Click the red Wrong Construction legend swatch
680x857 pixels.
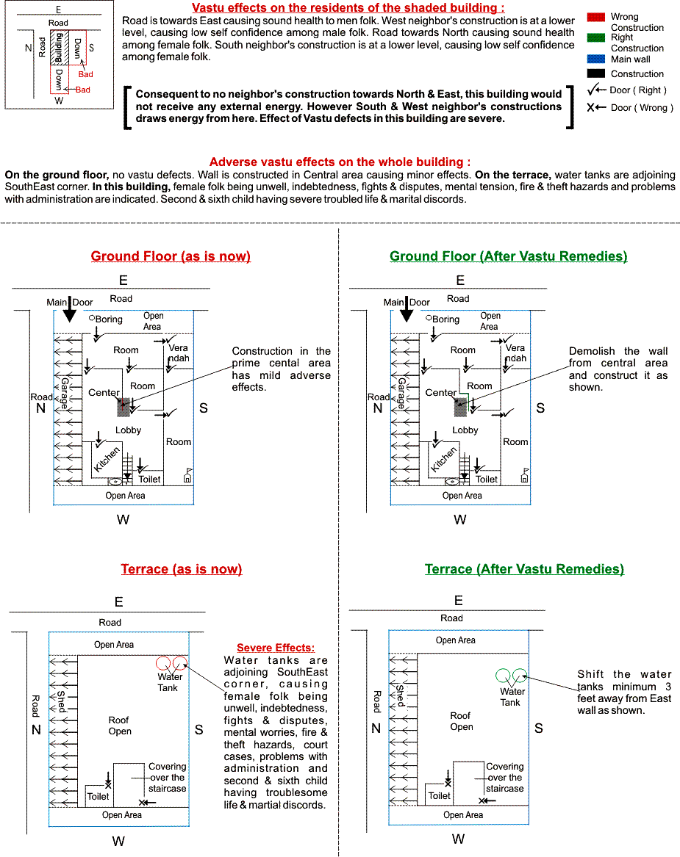click(596, 16)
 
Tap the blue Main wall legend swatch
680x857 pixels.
click(596, 59)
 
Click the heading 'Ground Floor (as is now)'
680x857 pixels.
click(171, 256)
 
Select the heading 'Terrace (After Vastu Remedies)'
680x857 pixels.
click(524, 569)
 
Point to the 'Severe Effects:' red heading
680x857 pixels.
click(276, 648)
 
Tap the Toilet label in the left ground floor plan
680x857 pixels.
click(150, 479)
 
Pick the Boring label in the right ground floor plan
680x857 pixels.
click(445, 319)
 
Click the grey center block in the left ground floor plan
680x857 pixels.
click(123, 407)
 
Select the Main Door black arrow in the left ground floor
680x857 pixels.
click(69, 311)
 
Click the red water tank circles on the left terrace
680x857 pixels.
click(172, 662)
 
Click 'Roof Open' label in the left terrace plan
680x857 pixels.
click(120, 726)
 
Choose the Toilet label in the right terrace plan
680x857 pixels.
click(440, 795)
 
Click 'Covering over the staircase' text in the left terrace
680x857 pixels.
click(167, 778)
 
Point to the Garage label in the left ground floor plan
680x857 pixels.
click(64, 395)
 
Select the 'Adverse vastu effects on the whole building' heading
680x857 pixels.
click(340, 162)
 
